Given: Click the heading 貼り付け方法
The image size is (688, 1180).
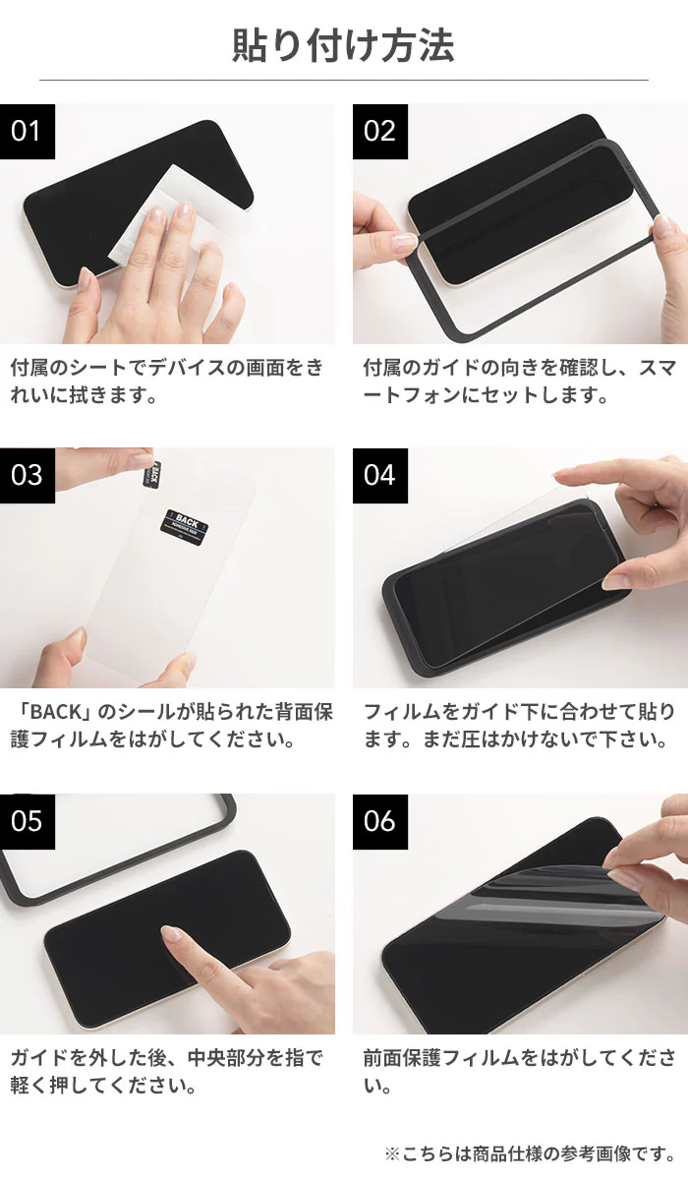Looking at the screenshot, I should pos(343,45).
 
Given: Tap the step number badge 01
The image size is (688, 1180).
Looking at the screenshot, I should pos(27,131).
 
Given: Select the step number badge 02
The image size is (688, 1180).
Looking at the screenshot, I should pos(379,131).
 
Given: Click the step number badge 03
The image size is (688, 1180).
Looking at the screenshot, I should pos(27,475).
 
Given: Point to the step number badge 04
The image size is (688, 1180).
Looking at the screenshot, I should pos(379,475).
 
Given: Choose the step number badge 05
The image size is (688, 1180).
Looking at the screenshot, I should pos(27,820).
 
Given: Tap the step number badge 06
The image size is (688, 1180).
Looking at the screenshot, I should pos(379,820).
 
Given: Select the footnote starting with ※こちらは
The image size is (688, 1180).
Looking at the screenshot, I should pos(530,1152).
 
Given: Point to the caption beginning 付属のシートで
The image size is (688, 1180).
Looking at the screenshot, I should pos(167,382).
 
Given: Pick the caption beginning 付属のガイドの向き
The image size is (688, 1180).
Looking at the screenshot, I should pos(519,382).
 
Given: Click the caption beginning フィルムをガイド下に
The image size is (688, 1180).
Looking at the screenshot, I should pos(519,725).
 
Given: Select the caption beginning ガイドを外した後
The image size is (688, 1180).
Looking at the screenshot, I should pos(167,1072).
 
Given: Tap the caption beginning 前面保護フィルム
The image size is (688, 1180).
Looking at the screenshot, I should pos(519,1072).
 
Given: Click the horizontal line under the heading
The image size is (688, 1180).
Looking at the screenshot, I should pos(343,80).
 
